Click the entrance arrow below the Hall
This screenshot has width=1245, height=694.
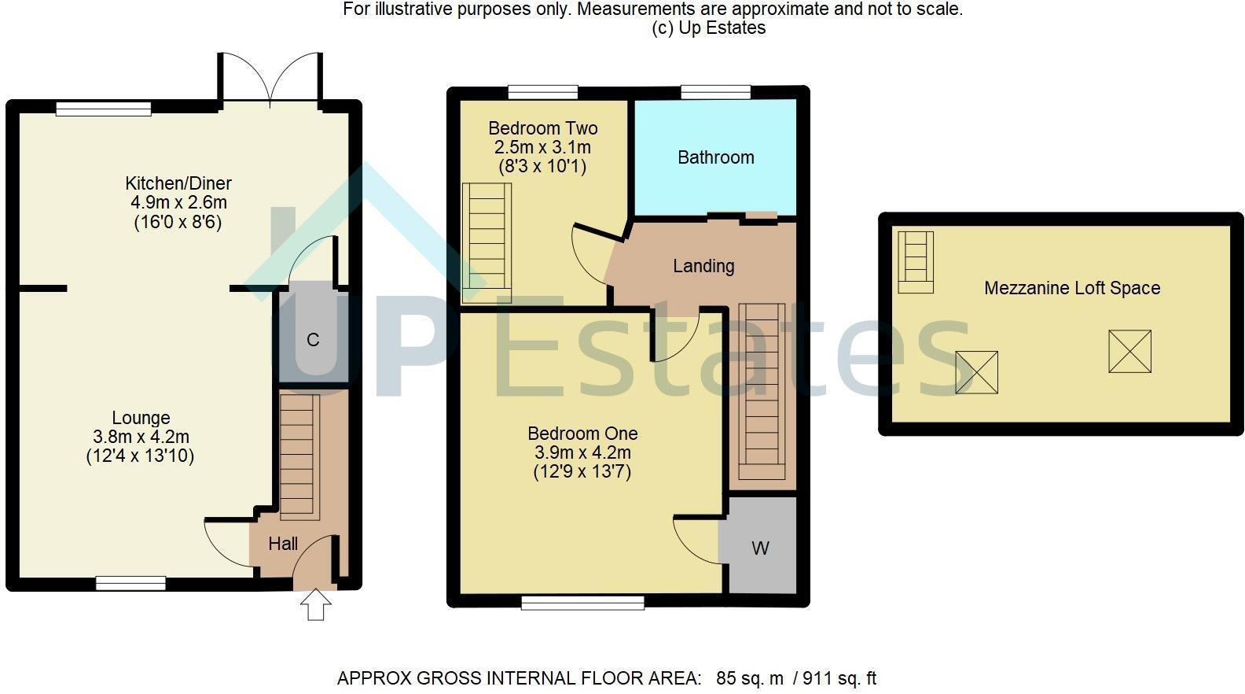pos(316,604)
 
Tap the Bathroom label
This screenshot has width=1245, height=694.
pos(716,157)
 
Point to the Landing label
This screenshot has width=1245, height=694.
pos(703,266)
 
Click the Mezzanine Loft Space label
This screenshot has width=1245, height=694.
pos(1072,288)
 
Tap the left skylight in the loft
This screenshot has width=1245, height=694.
pos(976,372)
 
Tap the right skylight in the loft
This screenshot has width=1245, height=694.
pos(1130,351)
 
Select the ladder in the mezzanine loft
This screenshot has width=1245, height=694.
pos(916,262)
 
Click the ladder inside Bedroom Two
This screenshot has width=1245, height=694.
pos(487,243)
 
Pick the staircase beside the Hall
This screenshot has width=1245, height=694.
pos(299,457)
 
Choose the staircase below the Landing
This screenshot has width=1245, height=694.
pos(762,391)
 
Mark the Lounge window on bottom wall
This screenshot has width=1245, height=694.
pos(130,583)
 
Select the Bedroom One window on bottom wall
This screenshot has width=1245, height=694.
pos(582,602)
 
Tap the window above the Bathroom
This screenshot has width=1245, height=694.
pos(716,92)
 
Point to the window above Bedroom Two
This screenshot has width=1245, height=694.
pos(543,92)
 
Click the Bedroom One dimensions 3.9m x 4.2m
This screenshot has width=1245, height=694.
pos(582,452)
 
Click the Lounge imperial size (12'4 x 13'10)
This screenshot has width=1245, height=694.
pos(140,456)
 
